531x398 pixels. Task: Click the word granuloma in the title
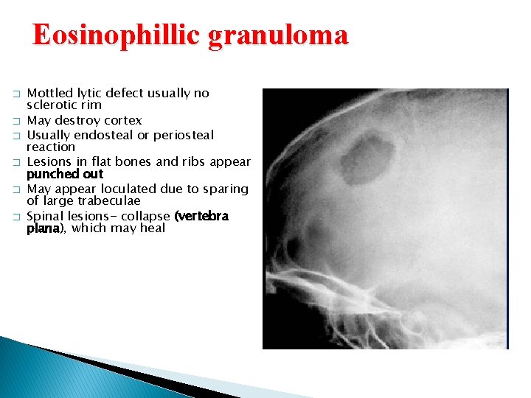click(x=278, y=35)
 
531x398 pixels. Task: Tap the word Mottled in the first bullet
click(x=49, y=94)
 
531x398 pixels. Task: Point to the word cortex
click(x=121, y=120)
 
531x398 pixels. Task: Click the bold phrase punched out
click(x=65, y=174)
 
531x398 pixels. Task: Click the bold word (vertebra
click(x=201, y=216)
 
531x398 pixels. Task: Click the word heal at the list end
click(x=150, y=228)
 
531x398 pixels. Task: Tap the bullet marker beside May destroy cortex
click(x=15, y=121)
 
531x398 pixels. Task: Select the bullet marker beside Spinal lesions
click(x=15, y=217)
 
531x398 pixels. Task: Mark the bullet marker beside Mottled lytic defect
click(x=15, y=94)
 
